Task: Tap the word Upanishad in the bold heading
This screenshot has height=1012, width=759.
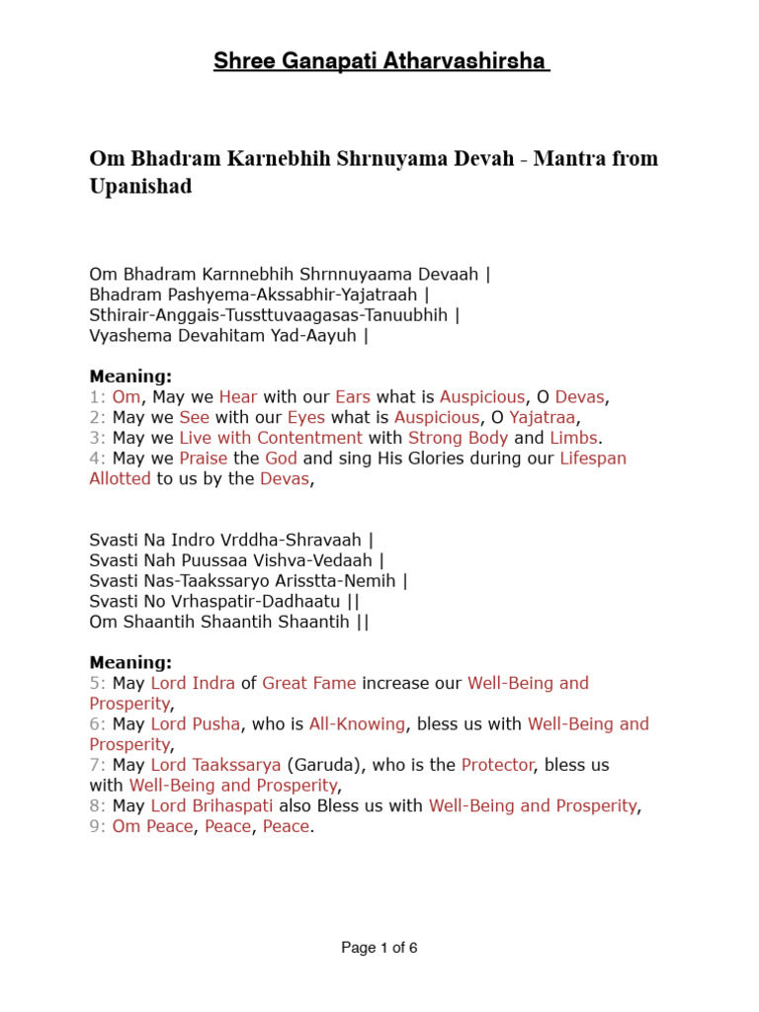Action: (x=140, y=186)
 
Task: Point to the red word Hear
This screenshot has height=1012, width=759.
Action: (x=238, y=397)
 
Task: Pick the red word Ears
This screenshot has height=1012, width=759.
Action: (x=353, y=397)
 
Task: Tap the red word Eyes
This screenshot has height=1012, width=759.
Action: (x=305, y=417)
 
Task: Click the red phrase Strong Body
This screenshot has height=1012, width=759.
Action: (x=459, y=438)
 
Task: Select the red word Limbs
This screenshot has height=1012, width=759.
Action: (x=574, y=438)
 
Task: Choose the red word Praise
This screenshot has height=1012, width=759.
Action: (x=204, y=459)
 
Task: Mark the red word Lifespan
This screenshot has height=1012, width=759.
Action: (x=593, y=459)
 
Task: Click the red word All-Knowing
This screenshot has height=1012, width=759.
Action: (x=357, y=723)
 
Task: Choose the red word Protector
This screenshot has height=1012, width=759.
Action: (x=497, y=765)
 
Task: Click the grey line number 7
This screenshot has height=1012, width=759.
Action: (x=97, y=765)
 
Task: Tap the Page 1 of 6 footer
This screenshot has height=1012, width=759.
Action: (x=379, y=948)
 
